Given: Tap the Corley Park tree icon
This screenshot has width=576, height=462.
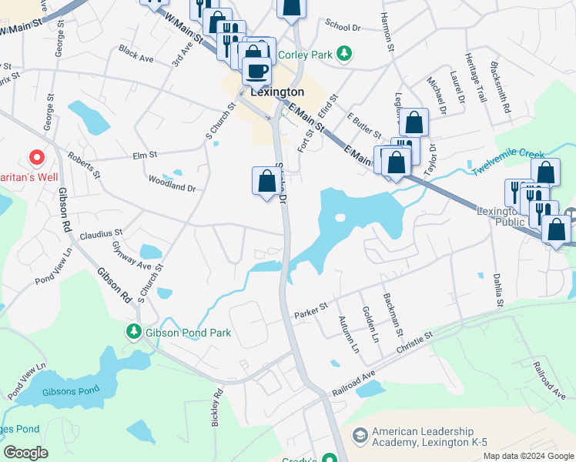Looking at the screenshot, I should pos(347,53).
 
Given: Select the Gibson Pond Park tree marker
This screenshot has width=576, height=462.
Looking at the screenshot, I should pos(134,331).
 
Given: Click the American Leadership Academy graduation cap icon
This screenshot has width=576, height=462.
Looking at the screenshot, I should pos(359,437).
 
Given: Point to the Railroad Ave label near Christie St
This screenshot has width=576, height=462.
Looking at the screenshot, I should pos(353,383).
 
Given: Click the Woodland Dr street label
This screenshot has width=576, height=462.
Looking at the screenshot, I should pos(172,183).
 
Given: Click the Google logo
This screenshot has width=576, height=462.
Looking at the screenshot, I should pos(26,453).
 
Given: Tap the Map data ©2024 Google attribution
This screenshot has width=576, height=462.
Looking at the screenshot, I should pos(528,456).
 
